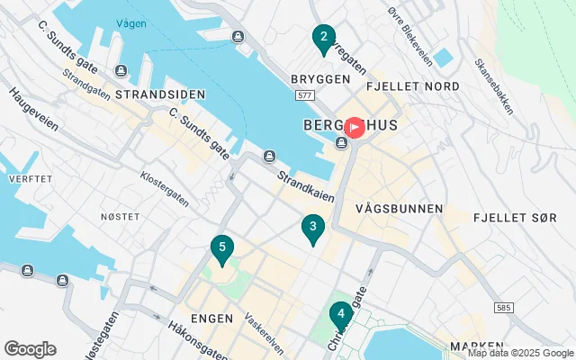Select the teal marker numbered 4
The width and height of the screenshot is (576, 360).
tap(340, 315)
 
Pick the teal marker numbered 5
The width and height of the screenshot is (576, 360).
tap(221, 247)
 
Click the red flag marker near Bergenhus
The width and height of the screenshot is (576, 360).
tap(355, 128)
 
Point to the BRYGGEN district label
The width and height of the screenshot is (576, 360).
tap(319, 79)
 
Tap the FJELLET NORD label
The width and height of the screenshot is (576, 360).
tap(413, 86)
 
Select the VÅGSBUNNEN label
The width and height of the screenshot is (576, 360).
tap(400, 209)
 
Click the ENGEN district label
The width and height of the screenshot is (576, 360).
tap(212, 319)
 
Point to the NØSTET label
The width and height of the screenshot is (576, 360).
tap(120, 217)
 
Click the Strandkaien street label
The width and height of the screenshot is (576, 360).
tap(305, 186)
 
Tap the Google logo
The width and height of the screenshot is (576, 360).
tap(30, 349)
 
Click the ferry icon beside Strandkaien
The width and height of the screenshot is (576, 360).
tap(269, 158)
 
